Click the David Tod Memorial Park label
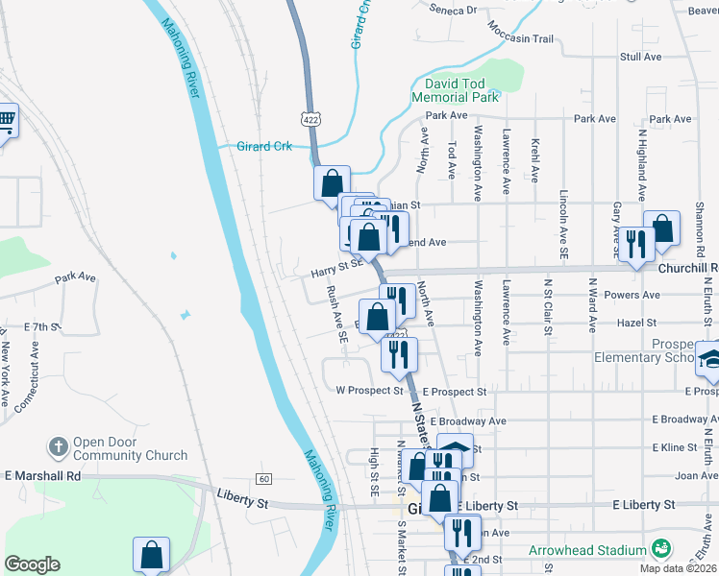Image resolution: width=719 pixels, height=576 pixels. pos(455,90)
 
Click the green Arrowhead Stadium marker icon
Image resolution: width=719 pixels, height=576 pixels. pos(660,548)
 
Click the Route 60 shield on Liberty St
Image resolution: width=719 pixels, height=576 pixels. pos(263,478)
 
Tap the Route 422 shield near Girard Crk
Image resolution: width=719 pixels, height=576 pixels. pos(310,119)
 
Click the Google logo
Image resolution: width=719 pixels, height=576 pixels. pos(32,564)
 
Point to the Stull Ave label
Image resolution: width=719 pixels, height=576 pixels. pos(640,57)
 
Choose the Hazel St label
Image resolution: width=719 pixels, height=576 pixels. pos(636,324)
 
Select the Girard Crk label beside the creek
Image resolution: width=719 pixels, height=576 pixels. pos(263,147)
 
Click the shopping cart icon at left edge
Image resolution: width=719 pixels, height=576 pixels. pos(6,122)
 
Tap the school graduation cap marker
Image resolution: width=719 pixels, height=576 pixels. pos(711,358)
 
